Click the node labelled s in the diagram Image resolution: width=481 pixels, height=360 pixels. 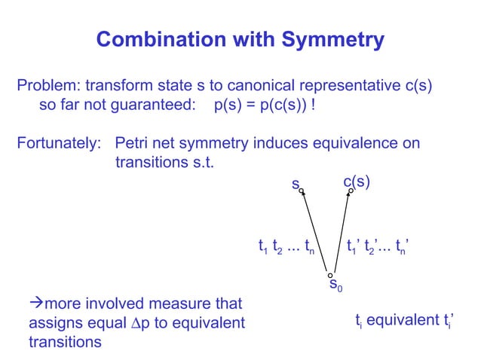(x=302, y=191)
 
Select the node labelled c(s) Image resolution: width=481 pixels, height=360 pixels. (x=351, y=191)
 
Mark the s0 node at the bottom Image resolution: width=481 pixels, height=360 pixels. (x=330, y=276)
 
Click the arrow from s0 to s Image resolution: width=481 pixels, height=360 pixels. (x=315, y=233)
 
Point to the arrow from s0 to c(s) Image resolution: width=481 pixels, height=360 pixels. (x=341, y=233)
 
